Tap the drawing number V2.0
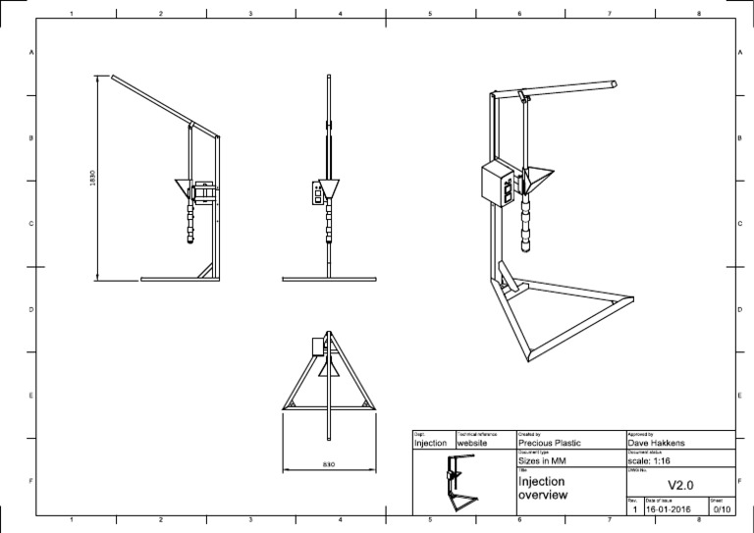coord(680,484)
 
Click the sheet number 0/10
coord(721,509)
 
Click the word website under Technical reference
coord(474,444)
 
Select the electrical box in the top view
coord(317,346)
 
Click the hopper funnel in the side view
coord(330,187)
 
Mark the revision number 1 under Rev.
coord(634,509)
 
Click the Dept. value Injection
coord(431,444)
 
